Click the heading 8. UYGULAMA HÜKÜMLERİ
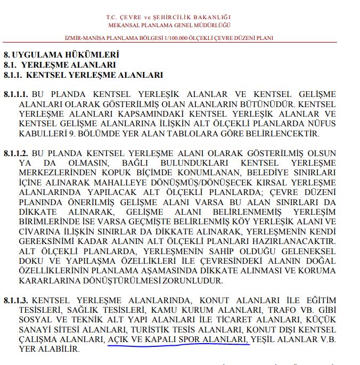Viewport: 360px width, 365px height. click(x=61, y=54)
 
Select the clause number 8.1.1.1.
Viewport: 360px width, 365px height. click(x=16, y=94)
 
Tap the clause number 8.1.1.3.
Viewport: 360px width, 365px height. click(x=16, y=302)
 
